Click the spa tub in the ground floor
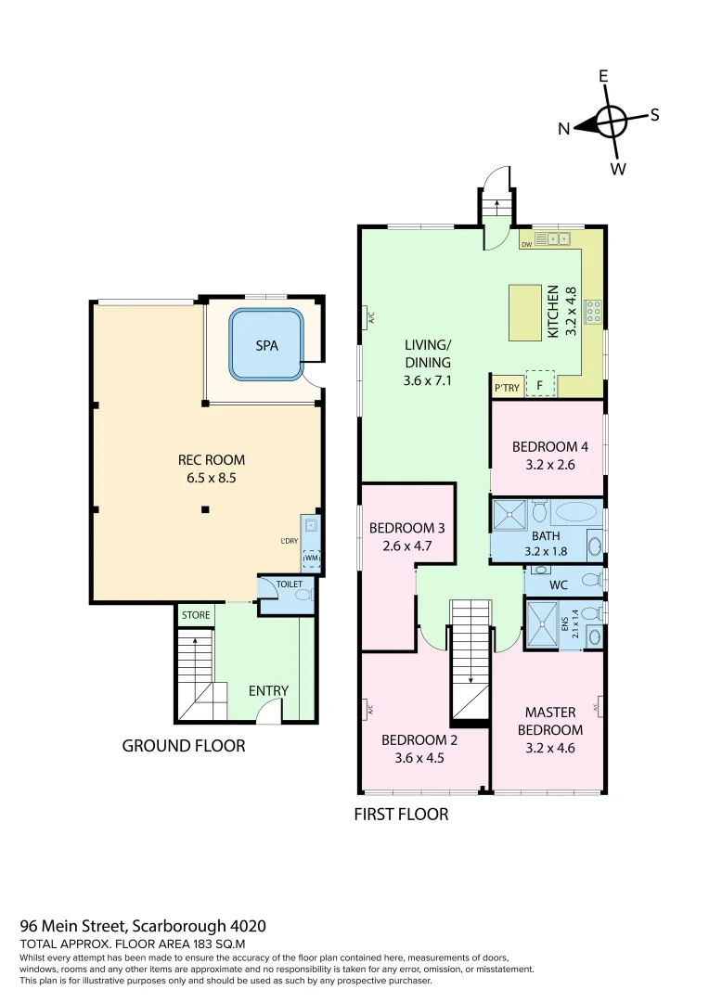266,344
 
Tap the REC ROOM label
212,459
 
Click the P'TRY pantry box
507,388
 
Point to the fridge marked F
539,385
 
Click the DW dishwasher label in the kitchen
525,244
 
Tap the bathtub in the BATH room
575,511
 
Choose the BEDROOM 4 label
549,446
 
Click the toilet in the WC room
590,581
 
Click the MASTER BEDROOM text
550,721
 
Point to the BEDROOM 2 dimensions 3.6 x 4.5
419,757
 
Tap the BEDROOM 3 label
406,528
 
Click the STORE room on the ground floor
195,615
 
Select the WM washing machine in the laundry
311,559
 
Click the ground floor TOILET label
290,584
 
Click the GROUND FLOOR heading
184,745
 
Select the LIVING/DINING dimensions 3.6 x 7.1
427,379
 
